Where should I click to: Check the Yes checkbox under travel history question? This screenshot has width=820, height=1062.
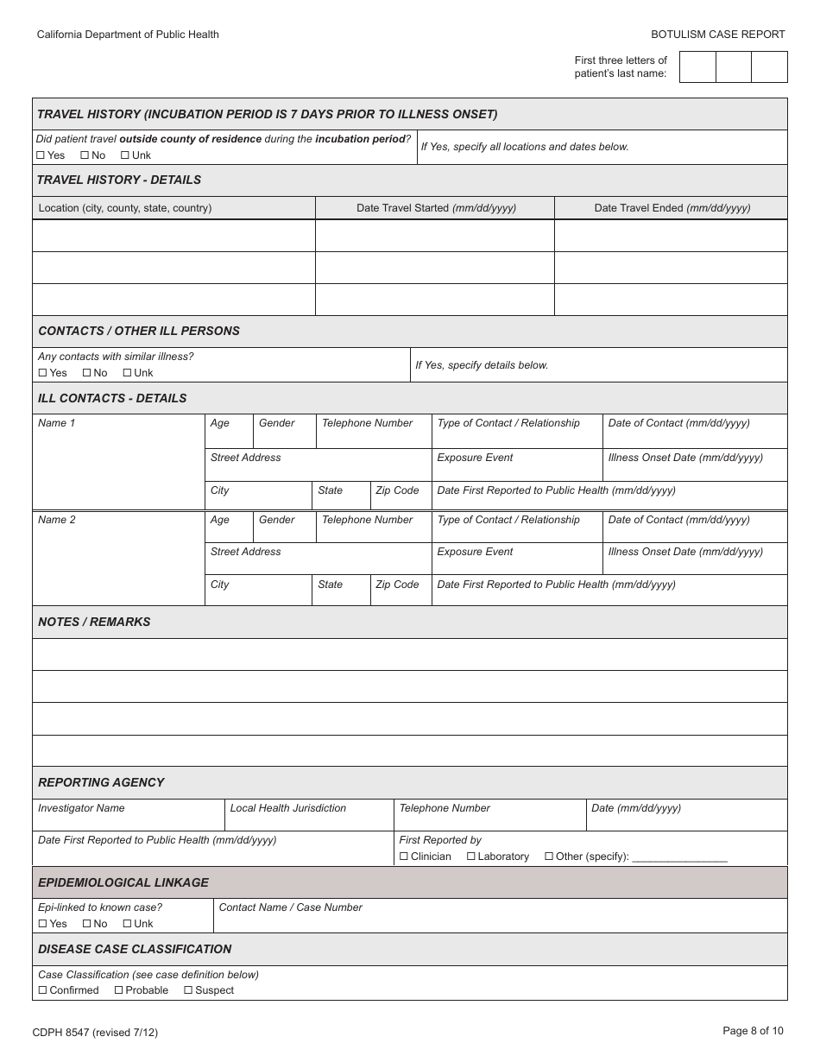41,155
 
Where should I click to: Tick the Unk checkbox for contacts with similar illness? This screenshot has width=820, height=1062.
127,373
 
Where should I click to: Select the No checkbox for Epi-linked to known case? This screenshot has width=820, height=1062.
86,924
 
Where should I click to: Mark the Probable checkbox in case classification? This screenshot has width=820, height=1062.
119,990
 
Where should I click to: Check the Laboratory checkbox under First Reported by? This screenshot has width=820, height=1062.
471,857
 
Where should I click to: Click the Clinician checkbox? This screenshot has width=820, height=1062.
404,857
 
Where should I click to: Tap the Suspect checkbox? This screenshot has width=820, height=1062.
188,990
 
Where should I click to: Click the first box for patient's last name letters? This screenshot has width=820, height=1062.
697,66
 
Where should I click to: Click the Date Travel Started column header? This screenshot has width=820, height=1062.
436,208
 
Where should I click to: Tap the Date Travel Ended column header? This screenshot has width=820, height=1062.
672,208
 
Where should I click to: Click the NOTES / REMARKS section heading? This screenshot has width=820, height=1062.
94,622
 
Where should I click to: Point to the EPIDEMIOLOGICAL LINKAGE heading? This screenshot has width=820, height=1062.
123,882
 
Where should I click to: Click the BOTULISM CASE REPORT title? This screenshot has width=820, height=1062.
717,35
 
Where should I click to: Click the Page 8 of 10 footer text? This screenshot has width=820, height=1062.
753,1030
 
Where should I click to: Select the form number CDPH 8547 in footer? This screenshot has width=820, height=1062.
95,1032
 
